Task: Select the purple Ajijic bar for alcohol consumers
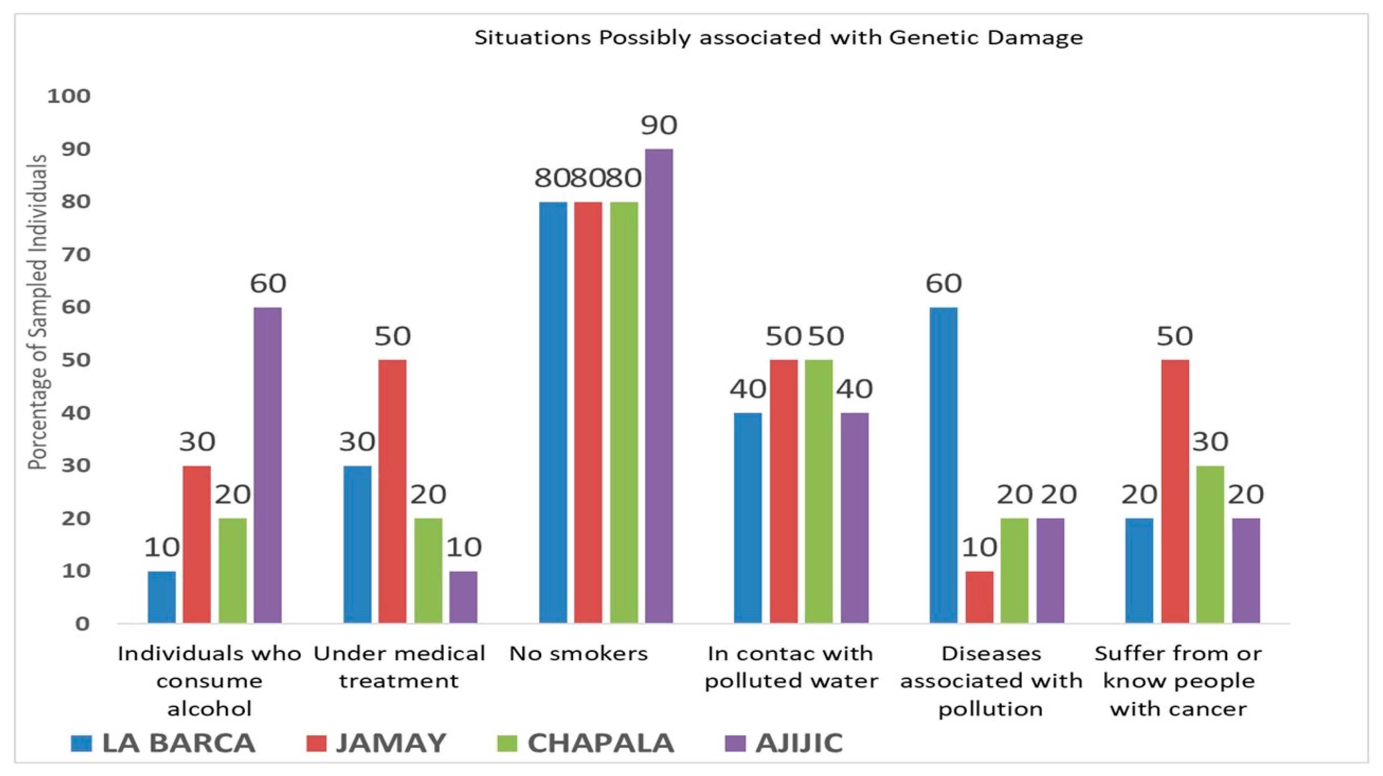point(267,465)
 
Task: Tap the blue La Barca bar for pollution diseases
point(943,465)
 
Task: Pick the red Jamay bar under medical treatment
point(392,491)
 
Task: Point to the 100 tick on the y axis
point(69,97)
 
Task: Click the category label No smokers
point(578,654)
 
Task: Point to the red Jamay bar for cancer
point(1175,491)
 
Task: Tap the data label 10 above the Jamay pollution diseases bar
point(979,547)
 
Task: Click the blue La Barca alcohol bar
point(162,597)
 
